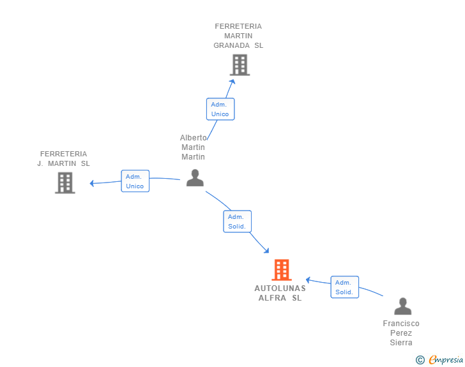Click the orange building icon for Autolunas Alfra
[282, 270]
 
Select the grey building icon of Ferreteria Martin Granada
[240, 65]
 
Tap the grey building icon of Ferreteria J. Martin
[65, 183]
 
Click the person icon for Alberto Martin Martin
[195, 178]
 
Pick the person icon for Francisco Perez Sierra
[402, 306]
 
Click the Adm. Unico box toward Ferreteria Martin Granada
[220, 109]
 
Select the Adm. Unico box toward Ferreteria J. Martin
[135, 181]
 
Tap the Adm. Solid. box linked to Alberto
[237, 221]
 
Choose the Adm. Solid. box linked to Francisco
[345, 287]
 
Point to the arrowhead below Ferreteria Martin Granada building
[232, 82]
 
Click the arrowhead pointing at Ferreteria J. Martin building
[91, 184]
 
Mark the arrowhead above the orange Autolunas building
[266, 251]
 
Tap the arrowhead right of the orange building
[308, 280]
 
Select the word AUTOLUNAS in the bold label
[280, 288]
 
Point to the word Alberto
[193, 138]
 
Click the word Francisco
[401, 323]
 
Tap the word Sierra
[401, 342]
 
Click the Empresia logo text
[446, 360]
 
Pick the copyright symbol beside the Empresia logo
[420, 360]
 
